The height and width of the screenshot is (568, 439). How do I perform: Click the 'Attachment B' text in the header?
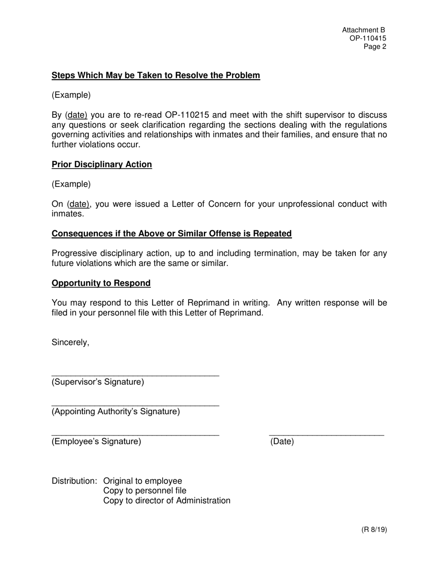pyautogui.click(x=363, y=30)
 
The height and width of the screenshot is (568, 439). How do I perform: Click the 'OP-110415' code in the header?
pyautogui.click(x=368, y=38)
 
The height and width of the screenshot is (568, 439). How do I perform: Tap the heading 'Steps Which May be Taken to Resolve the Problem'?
pyautogui.click(x=156, y=75)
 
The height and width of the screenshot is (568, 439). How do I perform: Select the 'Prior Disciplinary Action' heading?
pyautogui.click(x=102, y=164)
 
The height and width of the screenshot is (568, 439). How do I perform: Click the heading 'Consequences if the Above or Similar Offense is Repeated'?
pyautogui.click(x=171, y=234)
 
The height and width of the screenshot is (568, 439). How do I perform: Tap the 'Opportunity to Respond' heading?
pyautogui.click(x=101, y=283)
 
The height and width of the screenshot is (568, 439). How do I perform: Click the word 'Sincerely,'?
pyautogui.click(x=70, y=342)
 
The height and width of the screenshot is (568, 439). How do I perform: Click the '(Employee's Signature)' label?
pyautogui.click(x=96, y=441)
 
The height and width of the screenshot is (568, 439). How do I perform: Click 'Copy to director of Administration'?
pyautogui.click(x=166, y=501)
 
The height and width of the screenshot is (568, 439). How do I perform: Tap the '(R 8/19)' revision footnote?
pyautogui.click(x=374, y=530)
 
